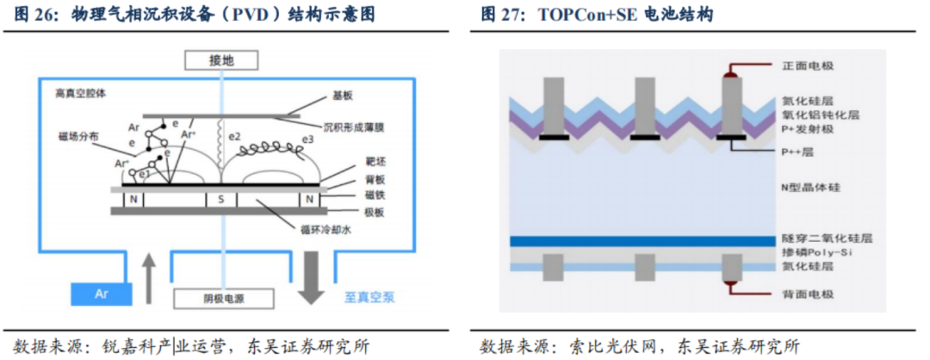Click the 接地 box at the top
pos(220,59)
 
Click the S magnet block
pos(220,200)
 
